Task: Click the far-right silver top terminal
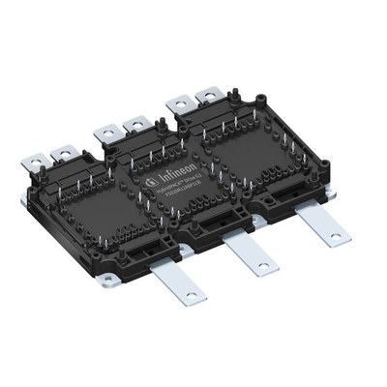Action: pos(207,95)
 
